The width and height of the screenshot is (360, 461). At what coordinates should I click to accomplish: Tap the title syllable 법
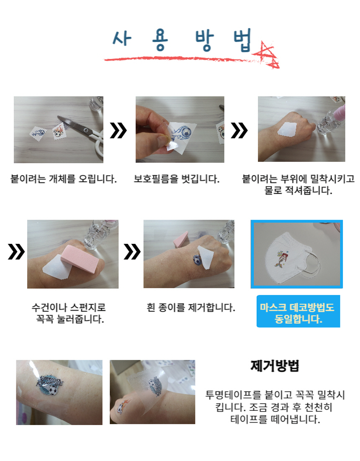click(242, 40)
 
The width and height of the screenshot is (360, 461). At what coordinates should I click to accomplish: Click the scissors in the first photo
click(83, 133)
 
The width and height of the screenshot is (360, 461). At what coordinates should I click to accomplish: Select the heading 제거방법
click(275, 366)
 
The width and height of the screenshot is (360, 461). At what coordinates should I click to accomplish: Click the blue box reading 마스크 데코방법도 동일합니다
click(298, 311)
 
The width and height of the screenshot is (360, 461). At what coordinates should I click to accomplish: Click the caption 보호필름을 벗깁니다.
click(177, 179)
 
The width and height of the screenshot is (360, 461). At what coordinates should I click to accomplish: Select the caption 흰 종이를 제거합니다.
click(191, 307)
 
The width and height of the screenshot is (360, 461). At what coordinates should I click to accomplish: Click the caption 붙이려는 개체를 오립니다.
click(64, 179)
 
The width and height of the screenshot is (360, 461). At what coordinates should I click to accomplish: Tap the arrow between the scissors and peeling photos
click(118, 131)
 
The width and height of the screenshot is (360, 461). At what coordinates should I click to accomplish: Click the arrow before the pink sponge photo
click(16, 252)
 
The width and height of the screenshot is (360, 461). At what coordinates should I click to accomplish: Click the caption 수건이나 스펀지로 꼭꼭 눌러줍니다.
click(69, 313)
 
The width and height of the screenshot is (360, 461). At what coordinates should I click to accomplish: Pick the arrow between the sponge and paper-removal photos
click(132, 252)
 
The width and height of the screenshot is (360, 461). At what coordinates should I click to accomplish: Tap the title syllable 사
click(122, 38)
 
